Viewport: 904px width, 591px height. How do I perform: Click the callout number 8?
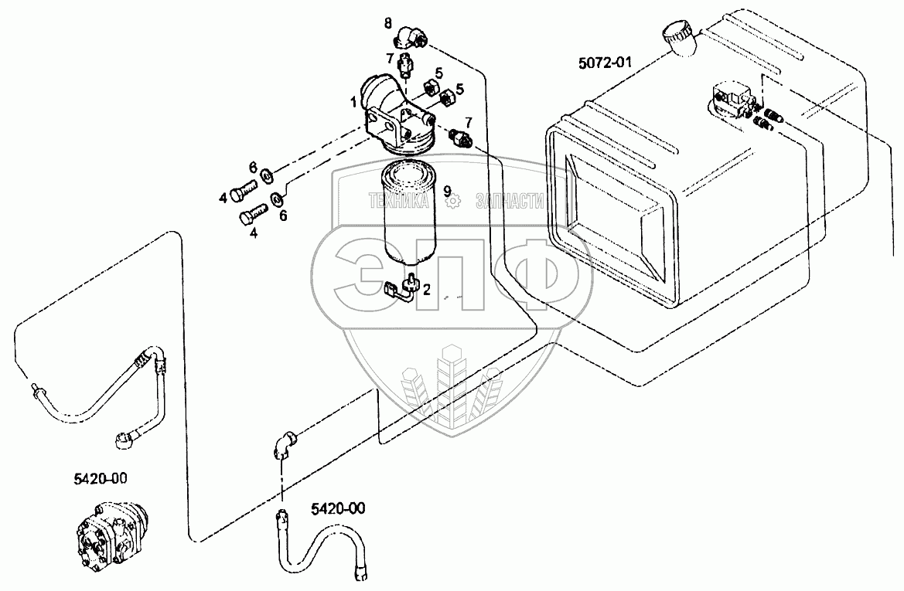[388, 23]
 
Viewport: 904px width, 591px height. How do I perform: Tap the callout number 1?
[353, 103]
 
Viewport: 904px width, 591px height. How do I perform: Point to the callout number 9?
[447, 189]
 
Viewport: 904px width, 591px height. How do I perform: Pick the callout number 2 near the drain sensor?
[427, 289]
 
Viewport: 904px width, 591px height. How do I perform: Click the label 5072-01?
[605, 62]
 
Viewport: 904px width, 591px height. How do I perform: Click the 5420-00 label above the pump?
[101, 478]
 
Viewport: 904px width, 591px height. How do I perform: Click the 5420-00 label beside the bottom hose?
[338, 508]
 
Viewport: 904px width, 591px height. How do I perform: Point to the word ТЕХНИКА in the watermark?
[399, 200]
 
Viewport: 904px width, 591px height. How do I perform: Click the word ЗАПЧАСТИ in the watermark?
[510, 200]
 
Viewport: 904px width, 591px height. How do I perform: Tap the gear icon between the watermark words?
[454, 201]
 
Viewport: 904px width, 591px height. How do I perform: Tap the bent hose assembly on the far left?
[98, 396]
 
